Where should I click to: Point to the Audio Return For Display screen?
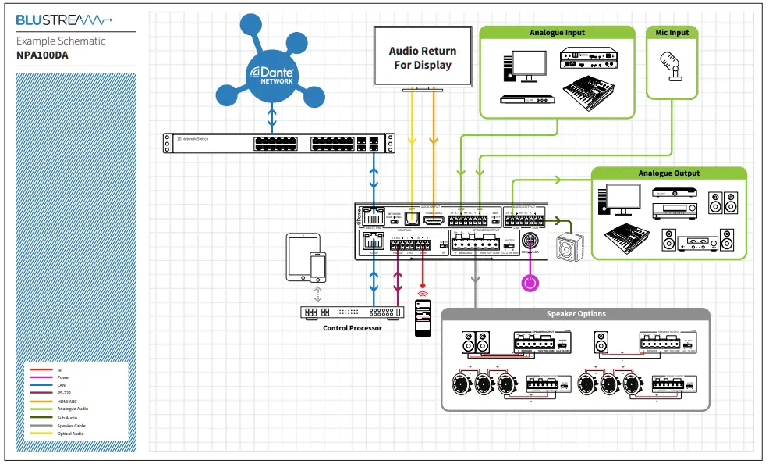(423, 58)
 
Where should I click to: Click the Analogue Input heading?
(557, 33)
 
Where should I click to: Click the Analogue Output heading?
(668, 173)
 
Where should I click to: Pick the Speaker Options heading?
(576, 314)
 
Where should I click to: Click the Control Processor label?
(353, 328)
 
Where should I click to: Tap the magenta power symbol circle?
(530, 281)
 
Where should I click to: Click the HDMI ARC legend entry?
(68, 402)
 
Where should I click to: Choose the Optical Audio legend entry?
(71, 434)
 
